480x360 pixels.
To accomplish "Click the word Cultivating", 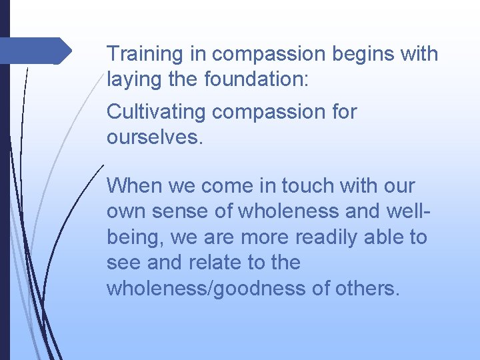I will point(157,111).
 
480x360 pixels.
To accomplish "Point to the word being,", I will point(136,237).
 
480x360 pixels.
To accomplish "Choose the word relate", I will point(217,263).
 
